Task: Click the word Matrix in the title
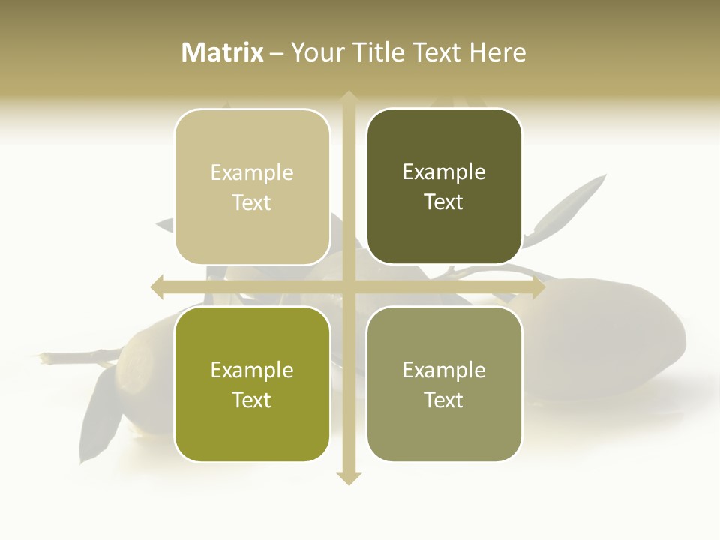pyautogui.click(x=223, y=52)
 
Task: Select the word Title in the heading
pyautogui.click(x=378, y=52)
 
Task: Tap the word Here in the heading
pyautogui.click(x=497, y=52)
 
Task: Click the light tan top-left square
pyautogui.click(x=252, y=187)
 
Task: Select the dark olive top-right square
pyautogui.click(x=444, y=187)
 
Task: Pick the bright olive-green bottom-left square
pyautogui.click(x=252, y=384)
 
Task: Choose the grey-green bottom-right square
pyautogui.click(x=444, y=384)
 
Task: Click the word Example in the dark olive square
pyautogui.click(x=444, y=172)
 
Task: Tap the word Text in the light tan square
pyautogui.click(x=252, y=203)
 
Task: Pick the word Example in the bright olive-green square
pyautogui.click(x=252, y=370)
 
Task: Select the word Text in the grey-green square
pyautogui.click(x=444, y=400)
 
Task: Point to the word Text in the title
pyautogui.click(x=435, y=52)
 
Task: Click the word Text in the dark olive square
pyautogui.click(x=444, y=202)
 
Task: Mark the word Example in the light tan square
pyautogui.click(x=252, y=173)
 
